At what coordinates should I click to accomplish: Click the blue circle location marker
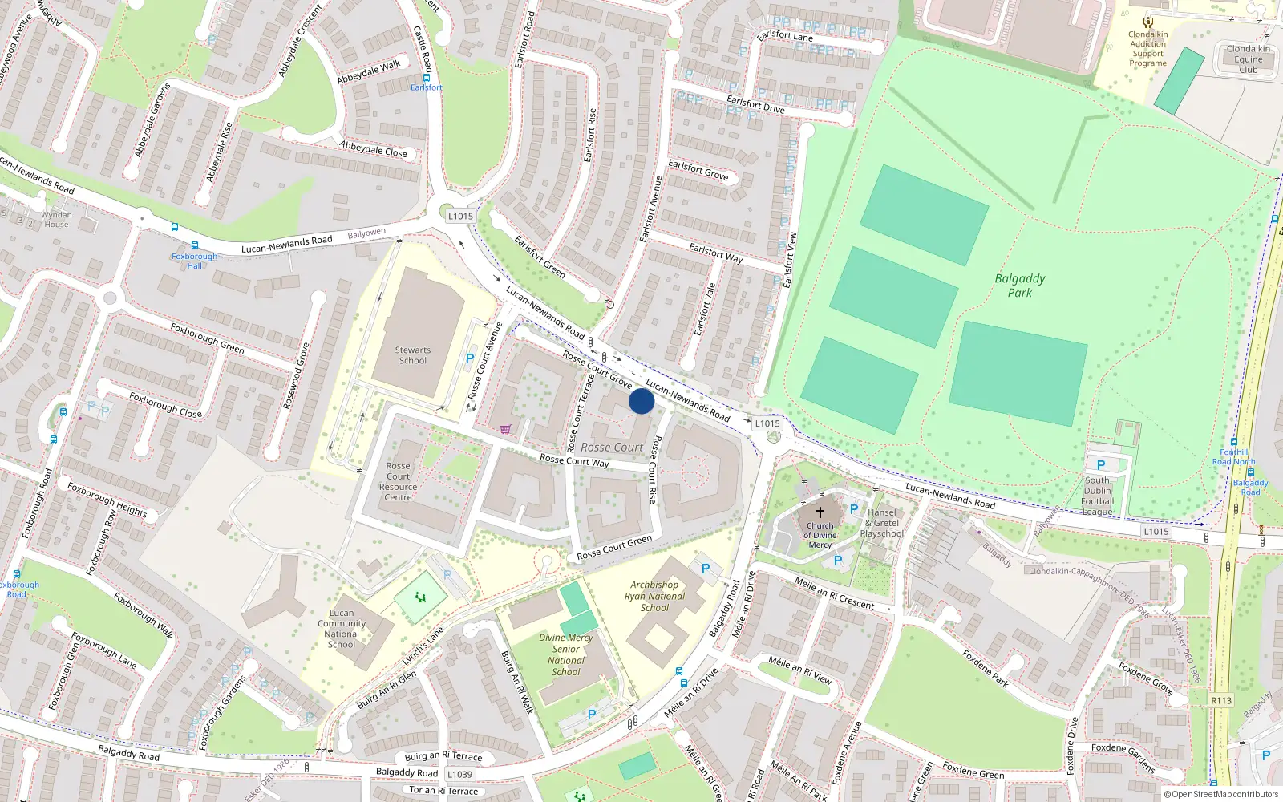(641, 401)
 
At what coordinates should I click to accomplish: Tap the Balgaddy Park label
(1020, 286)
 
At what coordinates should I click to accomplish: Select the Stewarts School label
(413, 355)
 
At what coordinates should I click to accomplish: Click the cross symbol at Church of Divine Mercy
(820, 512)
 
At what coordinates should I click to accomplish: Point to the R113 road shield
(1221, 700)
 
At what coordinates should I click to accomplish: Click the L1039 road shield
(459, 774)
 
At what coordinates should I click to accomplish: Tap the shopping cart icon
(505, 429)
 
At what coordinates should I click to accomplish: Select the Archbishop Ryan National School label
(654, 596)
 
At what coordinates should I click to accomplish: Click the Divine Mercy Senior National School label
(566, 654)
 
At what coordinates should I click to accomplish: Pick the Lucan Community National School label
(342, 628)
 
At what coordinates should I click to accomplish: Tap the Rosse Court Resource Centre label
(398, 481)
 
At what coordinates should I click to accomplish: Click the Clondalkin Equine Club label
(1249, 59)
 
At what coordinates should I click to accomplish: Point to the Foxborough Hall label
(194, 261)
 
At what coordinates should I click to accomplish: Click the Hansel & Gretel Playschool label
(881, 523)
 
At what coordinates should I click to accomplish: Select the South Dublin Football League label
(1097, 496)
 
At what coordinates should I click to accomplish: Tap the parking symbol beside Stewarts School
(470, 358)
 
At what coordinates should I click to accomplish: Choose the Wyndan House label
(56, 219)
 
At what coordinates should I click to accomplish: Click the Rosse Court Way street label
(574, 460)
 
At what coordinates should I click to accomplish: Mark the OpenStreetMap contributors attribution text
(1221, 795)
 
